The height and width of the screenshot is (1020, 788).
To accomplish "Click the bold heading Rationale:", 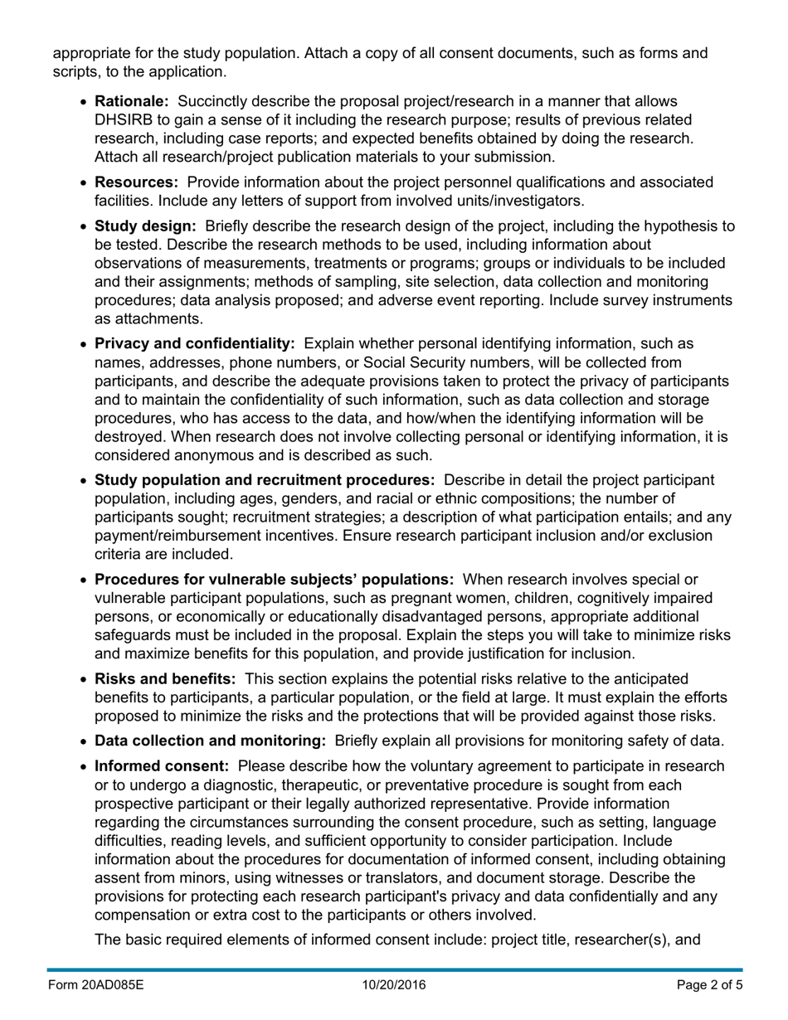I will pyautogui.click(x=132, y=101).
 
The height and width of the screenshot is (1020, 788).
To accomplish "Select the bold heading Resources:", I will pyautogui.click(x=137, y=182).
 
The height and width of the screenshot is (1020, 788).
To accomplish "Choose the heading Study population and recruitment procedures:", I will pyautogui.click(x=265, y=480).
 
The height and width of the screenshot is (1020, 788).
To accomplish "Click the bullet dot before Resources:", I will pyautogui.click(x=84, y=182).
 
